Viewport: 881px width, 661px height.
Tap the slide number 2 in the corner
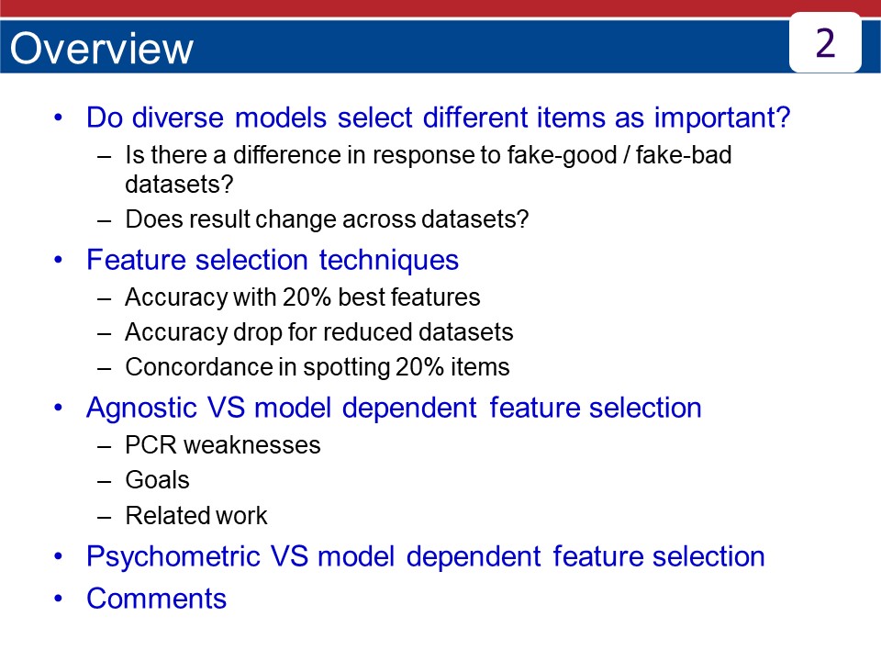click(x=824, y=42)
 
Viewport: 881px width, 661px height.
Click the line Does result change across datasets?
click(x=327, y=220)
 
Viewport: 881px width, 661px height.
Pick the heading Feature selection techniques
click(x=272, y=260)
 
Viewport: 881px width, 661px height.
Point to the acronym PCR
click(x=147, y=445)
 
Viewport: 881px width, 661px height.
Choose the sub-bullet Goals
click(x=157, y=480)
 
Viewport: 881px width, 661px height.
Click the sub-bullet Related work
click(x=195, y=516)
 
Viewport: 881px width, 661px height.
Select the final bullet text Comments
click(x=156, y=599)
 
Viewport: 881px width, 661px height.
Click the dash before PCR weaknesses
click(x=105, y=445)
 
